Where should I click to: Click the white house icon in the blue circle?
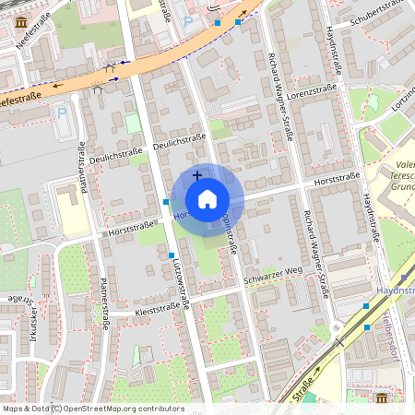tap(207, 198)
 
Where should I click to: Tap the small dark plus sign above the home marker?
tap(196, 174)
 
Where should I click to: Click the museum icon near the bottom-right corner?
tap(382, 397)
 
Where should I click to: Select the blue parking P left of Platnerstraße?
tap(62, 113)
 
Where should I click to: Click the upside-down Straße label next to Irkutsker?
tap(18, 300)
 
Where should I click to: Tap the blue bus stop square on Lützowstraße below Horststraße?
tap(172, 255)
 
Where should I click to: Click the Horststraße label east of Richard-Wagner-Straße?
tap(337, 178)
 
